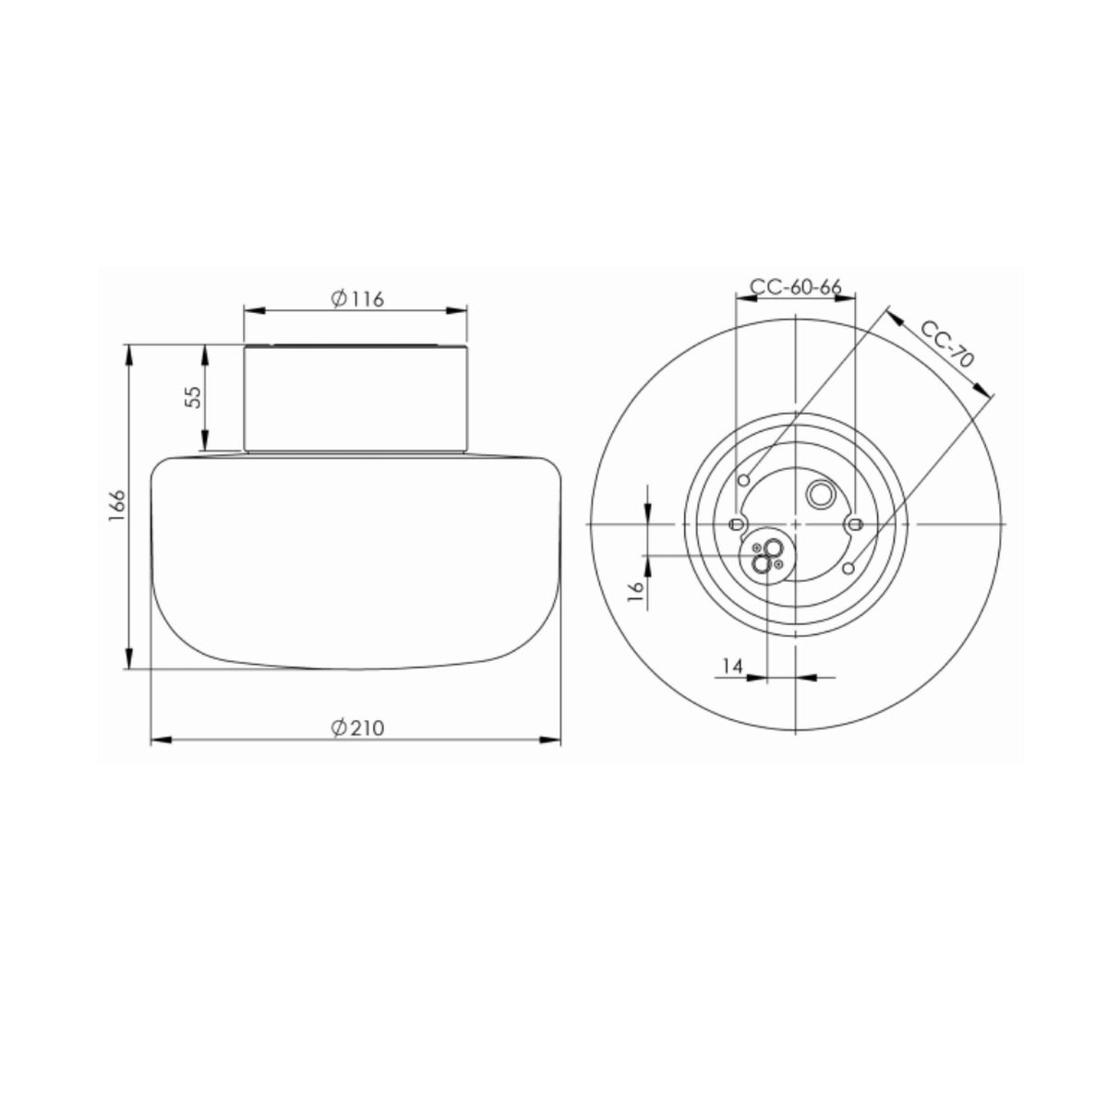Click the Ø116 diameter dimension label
(x=357, y=299)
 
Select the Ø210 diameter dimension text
(x=357, y=728)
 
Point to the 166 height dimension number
(x=116, y=505)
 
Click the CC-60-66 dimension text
(x=796, y=286)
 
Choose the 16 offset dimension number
(x=634, y=591)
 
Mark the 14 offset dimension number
(x=732, y=666)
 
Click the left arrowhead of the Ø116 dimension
(x=254, y=311)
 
